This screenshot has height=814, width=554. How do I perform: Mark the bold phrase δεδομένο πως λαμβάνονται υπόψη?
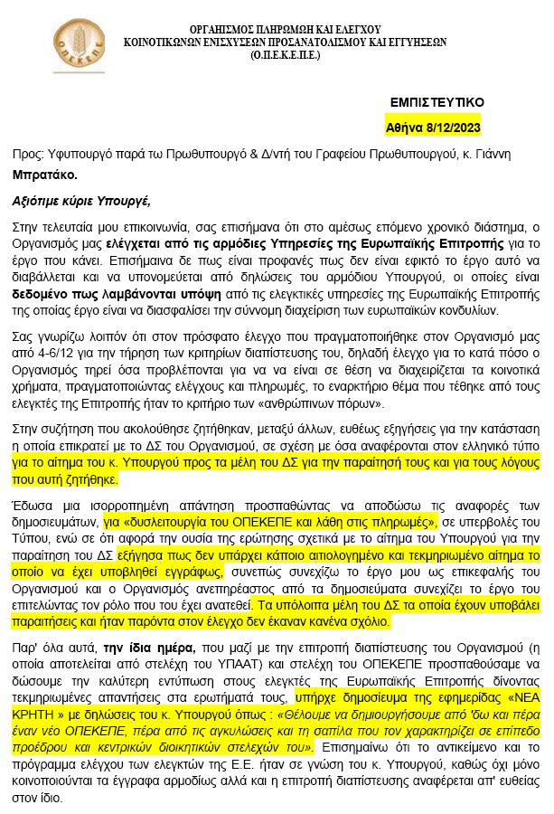(95, 295)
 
